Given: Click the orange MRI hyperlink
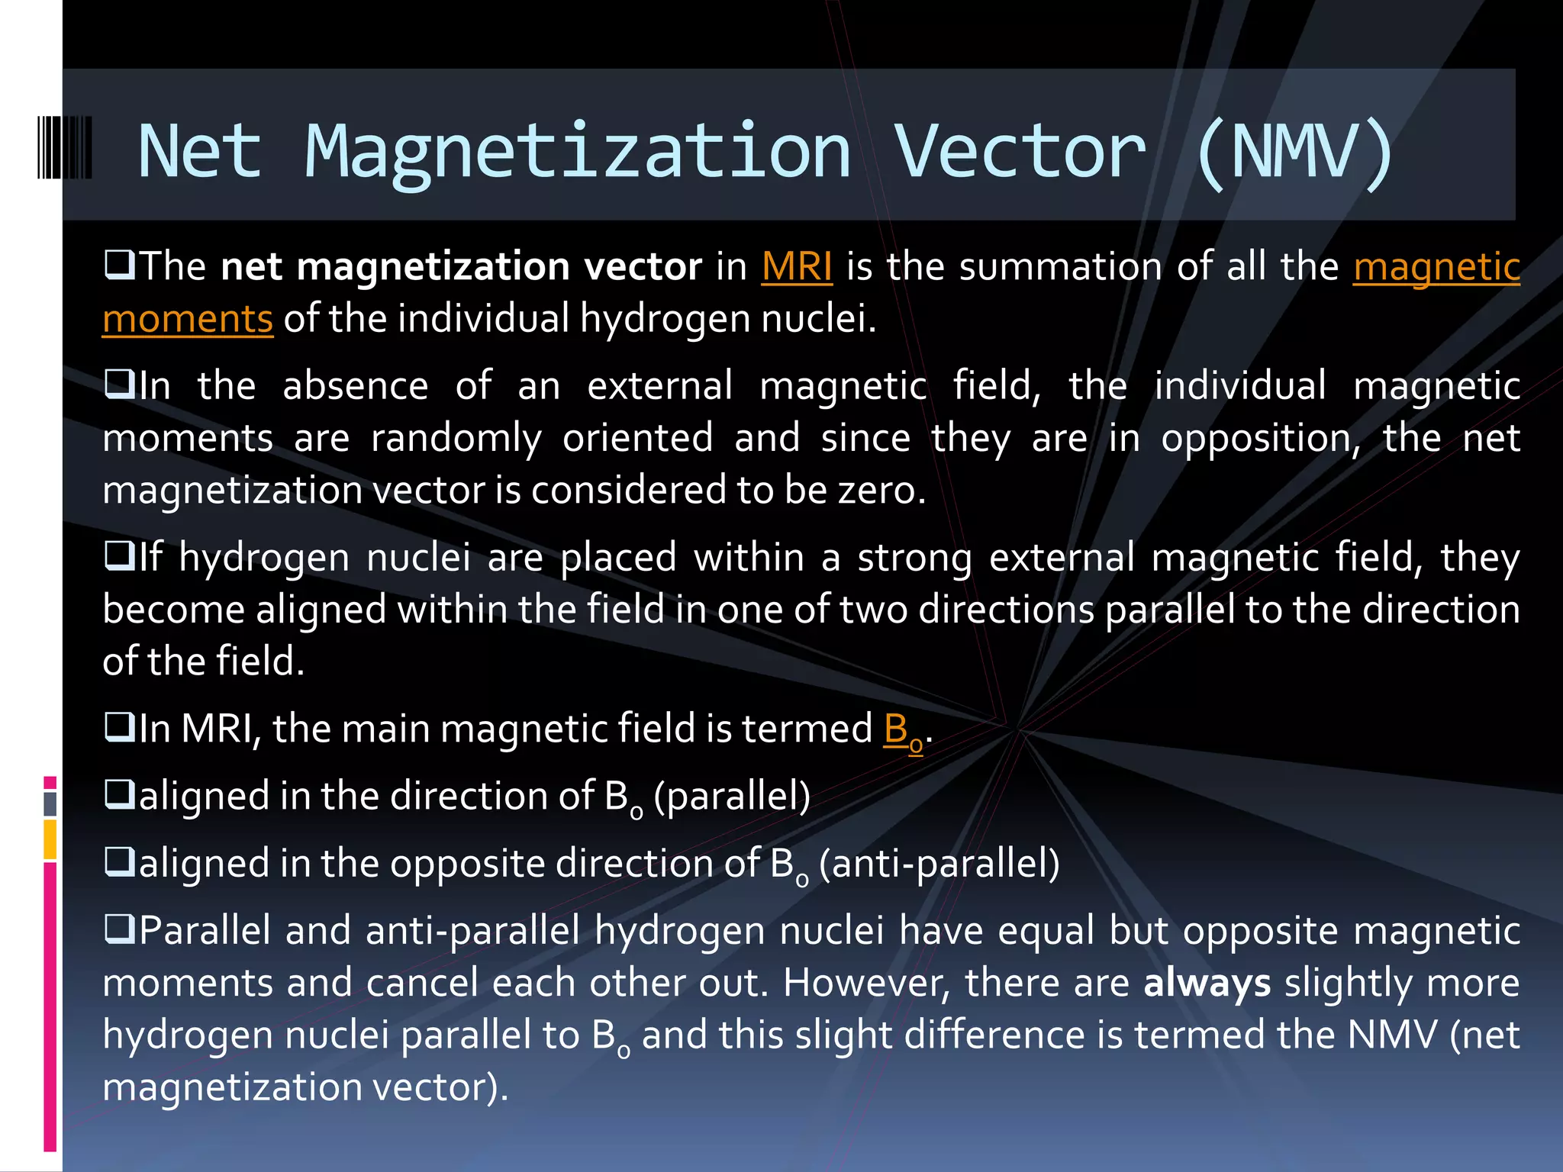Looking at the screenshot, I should [x=796, y=267].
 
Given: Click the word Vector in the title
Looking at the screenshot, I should [x=1020, y=152].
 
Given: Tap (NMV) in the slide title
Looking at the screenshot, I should [x=1294, y=152].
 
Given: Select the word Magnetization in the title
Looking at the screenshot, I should [x=578, y=152].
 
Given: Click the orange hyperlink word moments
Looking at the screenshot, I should [x=188, y=319].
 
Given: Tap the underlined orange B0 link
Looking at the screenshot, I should [x=903, y=730].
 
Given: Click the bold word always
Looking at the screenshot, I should [x=1207, y=983].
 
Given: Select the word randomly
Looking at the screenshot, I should [x=456, y=439].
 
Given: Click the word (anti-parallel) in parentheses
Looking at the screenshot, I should [x=939, y=864].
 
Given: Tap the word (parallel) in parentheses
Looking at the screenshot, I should [x=732, y=797].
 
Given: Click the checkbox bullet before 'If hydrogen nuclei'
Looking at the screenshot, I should [x=119, y=556].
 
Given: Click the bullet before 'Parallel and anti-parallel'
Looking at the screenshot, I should [x=119, y=929].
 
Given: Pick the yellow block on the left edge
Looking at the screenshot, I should [x=50, y=839].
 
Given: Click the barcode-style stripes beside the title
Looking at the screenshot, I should [x=65, y=147].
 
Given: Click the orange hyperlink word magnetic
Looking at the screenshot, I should [x=1436, y=267].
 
